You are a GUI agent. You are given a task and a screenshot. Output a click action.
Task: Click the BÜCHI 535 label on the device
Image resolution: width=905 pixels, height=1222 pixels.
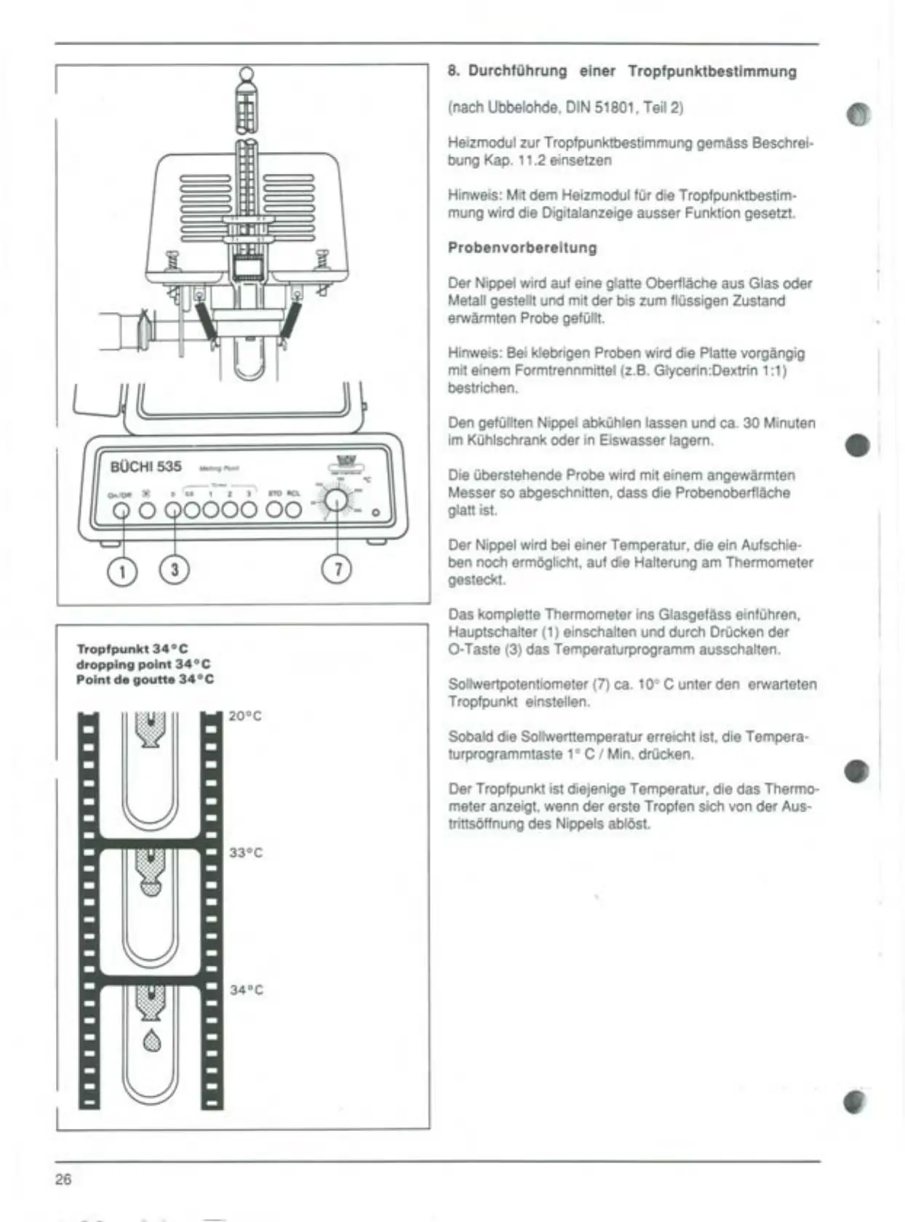click(145, 466)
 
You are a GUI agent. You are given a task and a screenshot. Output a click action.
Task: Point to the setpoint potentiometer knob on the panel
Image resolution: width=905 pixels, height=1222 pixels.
click(336, 501)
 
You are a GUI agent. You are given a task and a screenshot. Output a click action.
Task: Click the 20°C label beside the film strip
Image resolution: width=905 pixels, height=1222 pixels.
click(245, 716)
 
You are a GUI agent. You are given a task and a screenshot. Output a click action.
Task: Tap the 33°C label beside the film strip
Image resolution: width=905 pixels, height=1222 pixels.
click(246, 852)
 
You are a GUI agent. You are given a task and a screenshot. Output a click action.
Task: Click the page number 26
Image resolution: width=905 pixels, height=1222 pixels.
click(63, 1179)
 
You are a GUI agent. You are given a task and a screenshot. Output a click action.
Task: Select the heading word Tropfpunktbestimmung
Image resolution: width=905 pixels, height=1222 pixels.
click(712, 71)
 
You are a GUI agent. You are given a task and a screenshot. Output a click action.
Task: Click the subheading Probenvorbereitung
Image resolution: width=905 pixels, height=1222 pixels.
click(522, 248)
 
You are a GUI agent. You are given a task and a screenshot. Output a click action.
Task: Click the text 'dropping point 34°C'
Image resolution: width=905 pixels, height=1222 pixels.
click(143, 664)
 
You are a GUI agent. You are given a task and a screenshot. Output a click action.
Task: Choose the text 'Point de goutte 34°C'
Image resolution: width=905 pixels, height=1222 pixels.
click(145, 679)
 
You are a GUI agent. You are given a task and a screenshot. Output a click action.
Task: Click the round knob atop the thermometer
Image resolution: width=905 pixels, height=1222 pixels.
click(247, 74)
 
